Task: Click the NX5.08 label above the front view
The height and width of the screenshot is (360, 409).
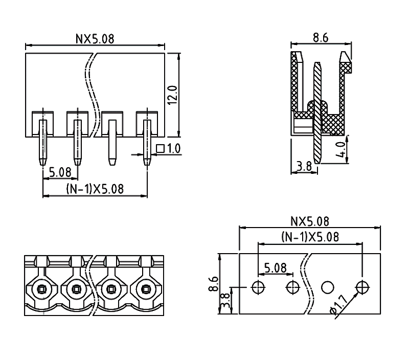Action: pyautogui.click(x=95, y=38)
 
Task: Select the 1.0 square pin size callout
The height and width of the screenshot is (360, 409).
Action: pyautogui.click(x=169, y=149)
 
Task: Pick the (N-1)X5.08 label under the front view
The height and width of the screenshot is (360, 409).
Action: pyautogui.click(x=95, y=189)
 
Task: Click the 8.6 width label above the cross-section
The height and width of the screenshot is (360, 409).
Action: pyautogui.click(x=320, y=37)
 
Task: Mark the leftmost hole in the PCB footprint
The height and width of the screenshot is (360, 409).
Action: pyautogui.click(x=259, y=287)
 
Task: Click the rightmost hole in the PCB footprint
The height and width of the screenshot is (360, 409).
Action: pyautogui.click(x=362, y=287)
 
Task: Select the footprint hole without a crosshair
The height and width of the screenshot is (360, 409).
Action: pyautogui.click(x=327, y=287)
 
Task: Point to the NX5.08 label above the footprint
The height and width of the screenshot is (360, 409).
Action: pyautogui.click(x=310, y=221)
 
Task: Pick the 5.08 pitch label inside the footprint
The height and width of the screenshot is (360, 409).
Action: pyautogui.click(x=276, y=268)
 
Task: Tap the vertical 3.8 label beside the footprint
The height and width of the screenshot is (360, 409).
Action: pyautogui.click(x=224, y=302)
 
